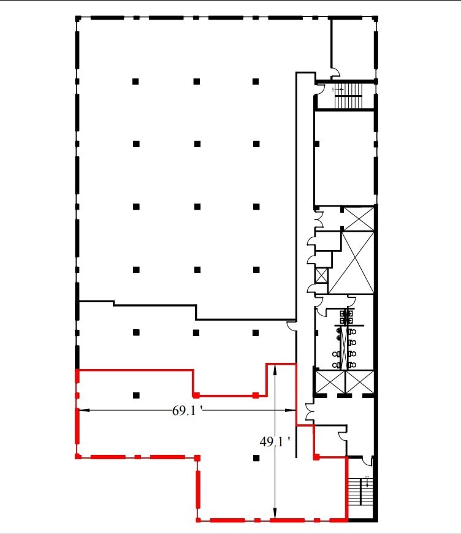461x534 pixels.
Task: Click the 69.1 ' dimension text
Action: (187, 411)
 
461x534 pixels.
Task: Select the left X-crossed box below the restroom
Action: (329, 382)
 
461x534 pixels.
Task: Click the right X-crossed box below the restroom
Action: (359, 382)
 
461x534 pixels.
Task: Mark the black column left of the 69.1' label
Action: (136, 395)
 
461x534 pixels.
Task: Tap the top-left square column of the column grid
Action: (136, 81)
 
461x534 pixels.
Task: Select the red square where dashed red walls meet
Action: (197, 457)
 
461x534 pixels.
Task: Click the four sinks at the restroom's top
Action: (347, 317)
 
